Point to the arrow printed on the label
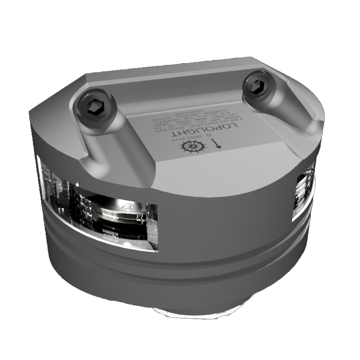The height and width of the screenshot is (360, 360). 216,144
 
